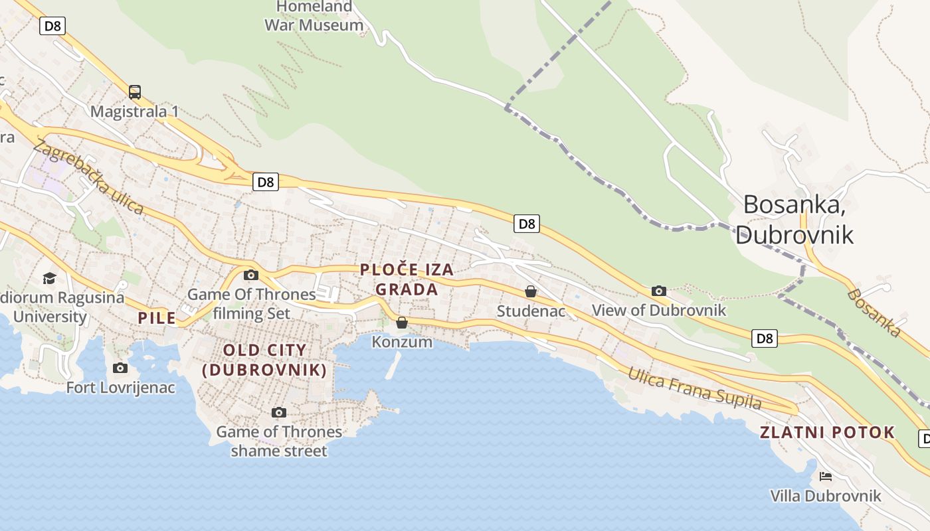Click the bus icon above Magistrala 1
pos(135,92)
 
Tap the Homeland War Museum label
pos(314,16)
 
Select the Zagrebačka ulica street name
pos(88,177)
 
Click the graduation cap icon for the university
pos(50,278)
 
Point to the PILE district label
pos(157,318)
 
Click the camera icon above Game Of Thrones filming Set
pos(250,275)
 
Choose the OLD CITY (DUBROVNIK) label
pos(264,360)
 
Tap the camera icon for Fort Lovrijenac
pos(120,368)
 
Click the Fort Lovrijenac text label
pos(120,387)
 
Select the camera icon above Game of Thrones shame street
pos(279,413)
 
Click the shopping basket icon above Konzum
pos(402,323)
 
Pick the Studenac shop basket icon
pos(530,291)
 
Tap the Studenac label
pos(531,311)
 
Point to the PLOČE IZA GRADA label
pos(407,279)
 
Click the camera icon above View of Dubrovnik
pos(658,291)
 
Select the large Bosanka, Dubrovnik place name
pos(794,219)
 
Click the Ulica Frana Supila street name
pos(695,388)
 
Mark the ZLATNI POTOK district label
pos(828,433)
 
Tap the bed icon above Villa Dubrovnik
pos(826,477)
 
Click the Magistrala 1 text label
pos(135,112)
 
